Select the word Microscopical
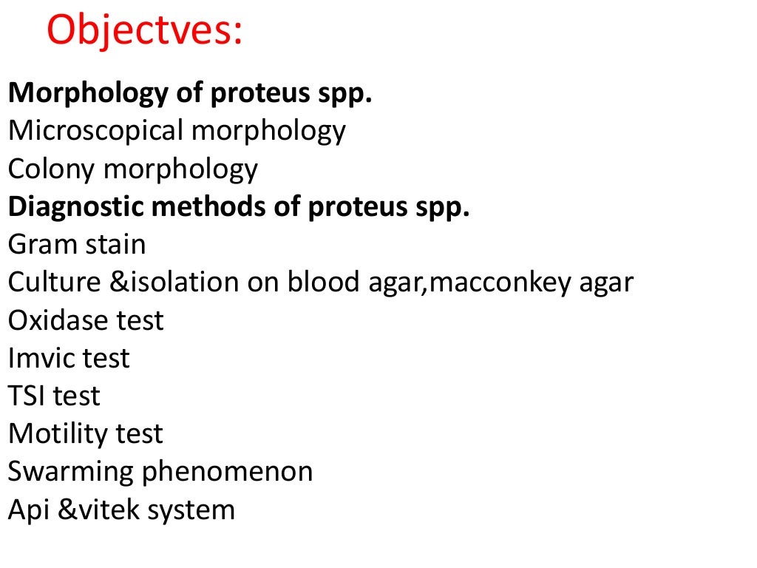point(95,131)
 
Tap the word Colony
point(52,169)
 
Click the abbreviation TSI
point(27,396)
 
